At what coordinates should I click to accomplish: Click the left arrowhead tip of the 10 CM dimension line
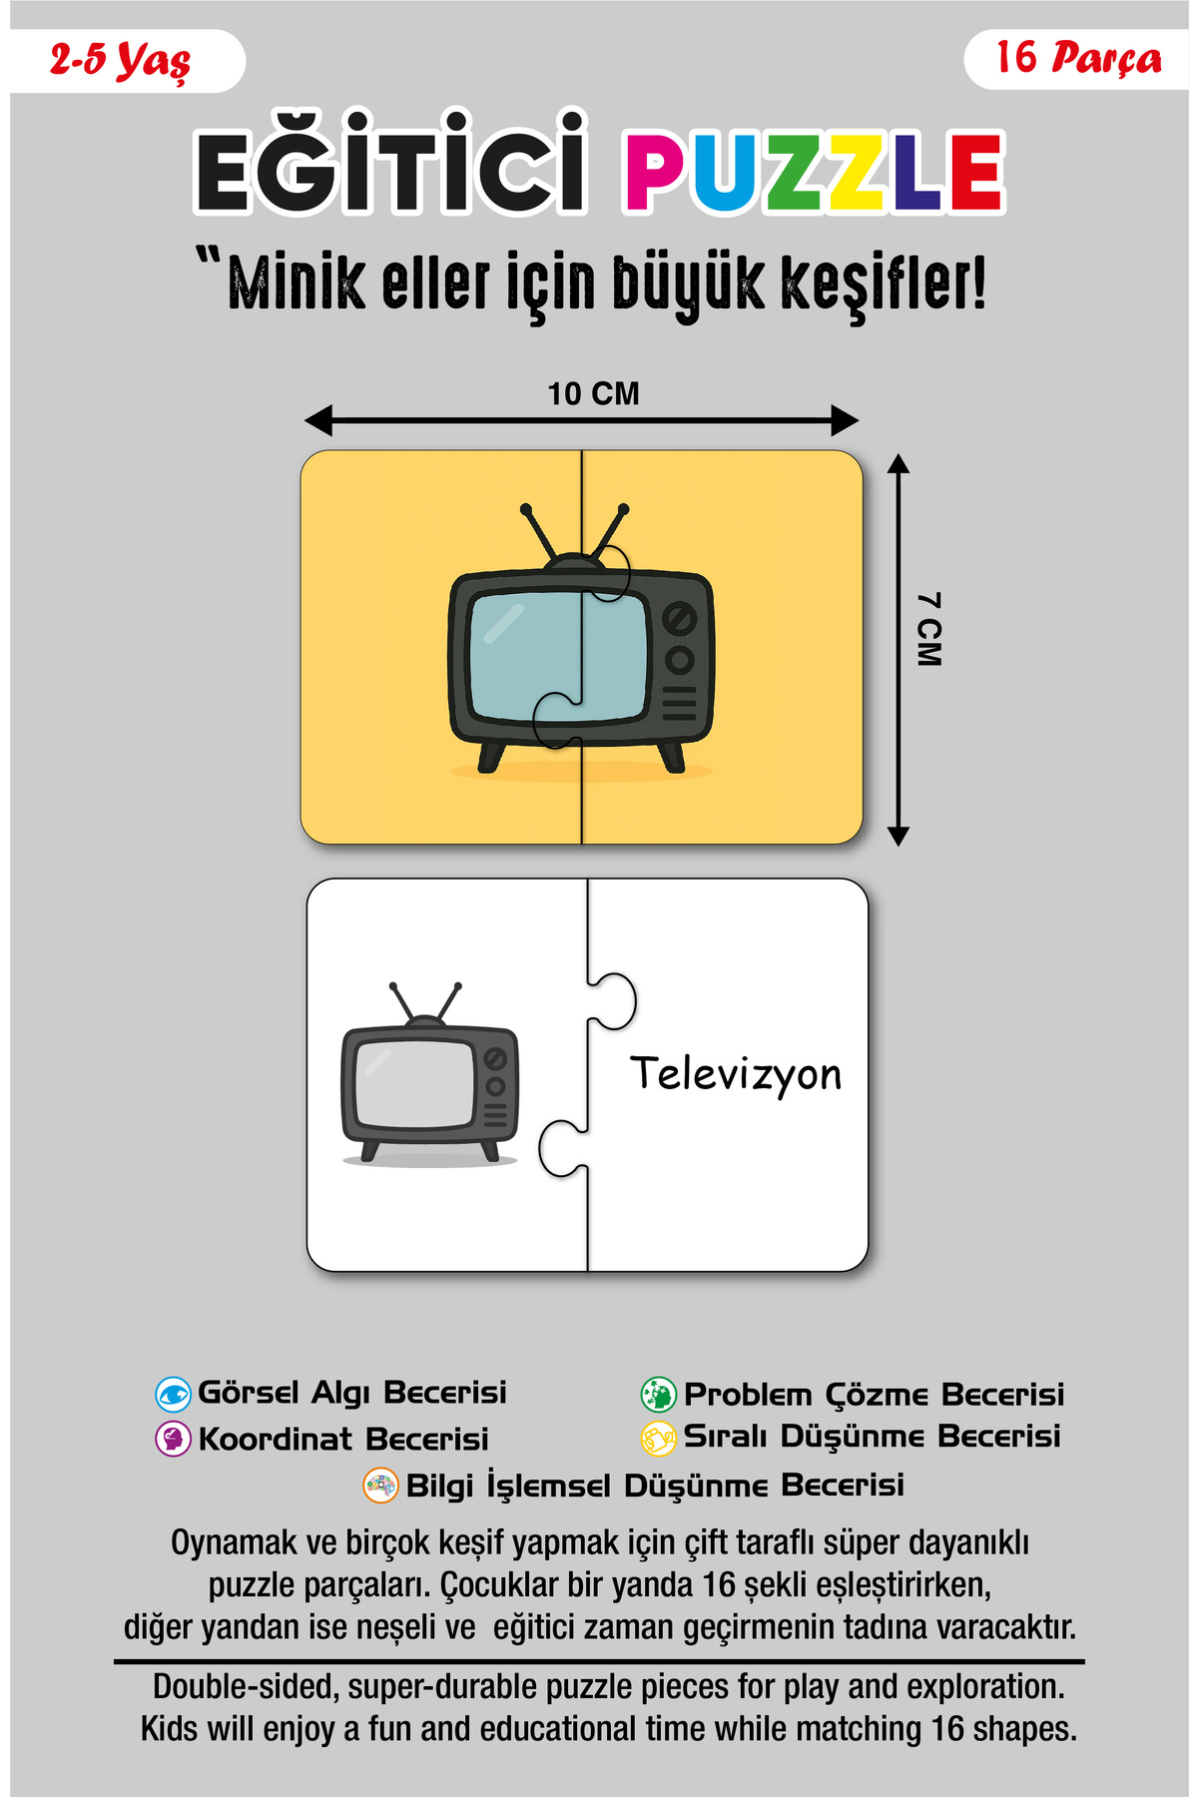(x=304, y=420)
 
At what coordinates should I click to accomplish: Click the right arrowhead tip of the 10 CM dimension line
(x=859, y=420)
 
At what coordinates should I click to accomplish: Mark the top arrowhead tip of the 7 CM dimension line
(x=898, y=454)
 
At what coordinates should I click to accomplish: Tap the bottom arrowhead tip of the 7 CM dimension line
(x=898, y=846)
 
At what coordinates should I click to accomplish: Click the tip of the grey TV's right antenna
(x=458, y=986)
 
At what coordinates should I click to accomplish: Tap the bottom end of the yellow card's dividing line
(x=582, y=844)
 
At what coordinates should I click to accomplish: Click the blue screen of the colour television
(x=558, y=656)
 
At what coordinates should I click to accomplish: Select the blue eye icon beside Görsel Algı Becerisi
(x=173, y=1394)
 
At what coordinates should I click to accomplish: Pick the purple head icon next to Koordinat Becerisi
(x=173, y=1439)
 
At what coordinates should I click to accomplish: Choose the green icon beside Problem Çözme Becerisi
(x=658, y=1394)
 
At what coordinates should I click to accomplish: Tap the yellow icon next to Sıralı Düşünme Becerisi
(x=658, y=1438)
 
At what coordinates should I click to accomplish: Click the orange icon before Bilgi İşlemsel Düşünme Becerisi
(x=380, y=1485)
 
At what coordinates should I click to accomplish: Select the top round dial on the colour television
(x=680, y=619)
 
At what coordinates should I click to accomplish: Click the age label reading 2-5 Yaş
(x=120, y=61)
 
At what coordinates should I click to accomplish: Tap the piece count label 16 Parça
(x=1078, y=58)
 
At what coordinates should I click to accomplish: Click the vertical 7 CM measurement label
(x=928, y=629)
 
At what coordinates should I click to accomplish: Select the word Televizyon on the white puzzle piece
(x=736, y=1075)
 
